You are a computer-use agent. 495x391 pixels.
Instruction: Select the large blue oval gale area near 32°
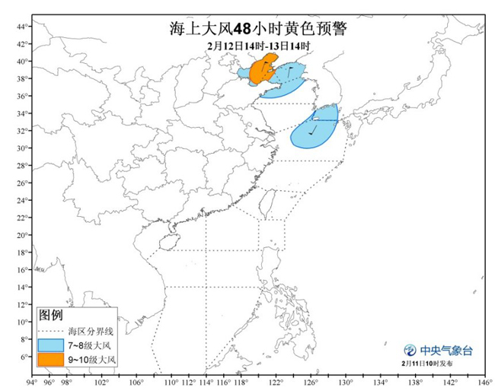tap(315, 129)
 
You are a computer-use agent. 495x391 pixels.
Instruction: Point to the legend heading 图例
tap(51, 315)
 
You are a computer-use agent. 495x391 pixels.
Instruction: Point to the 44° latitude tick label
tap(23, 27)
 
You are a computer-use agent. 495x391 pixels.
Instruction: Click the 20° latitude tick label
tap(23, 234)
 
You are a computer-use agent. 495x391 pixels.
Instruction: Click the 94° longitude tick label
tap(31, 382)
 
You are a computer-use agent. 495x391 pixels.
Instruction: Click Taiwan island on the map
tap(266, 202)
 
